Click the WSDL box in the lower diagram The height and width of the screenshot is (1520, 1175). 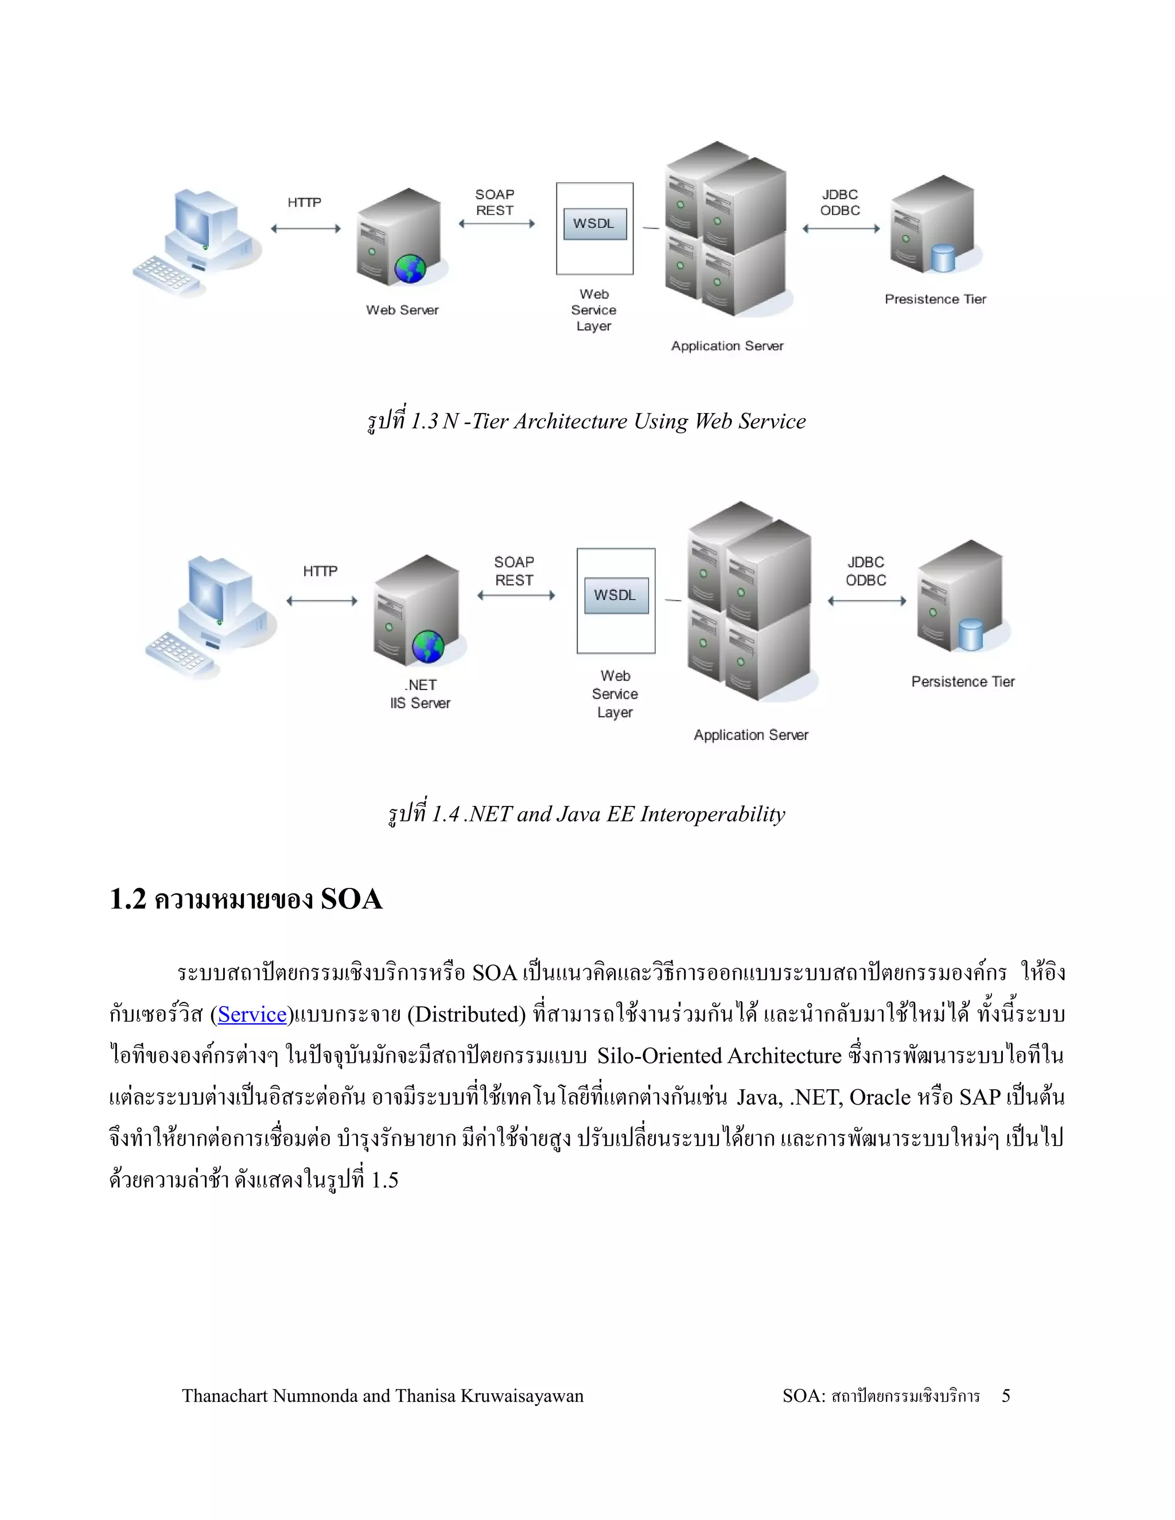pos(616,595)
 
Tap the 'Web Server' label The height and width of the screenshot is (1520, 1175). pos(402,310)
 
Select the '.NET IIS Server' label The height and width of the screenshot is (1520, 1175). pos(421,694)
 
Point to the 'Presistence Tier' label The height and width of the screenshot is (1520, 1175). pos(935,299)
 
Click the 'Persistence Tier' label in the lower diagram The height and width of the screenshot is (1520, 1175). pos(963,681)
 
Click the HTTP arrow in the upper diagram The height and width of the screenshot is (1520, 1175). pos(306,228)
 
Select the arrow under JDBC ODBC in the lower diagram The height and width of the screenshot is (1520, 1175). pos(867,601)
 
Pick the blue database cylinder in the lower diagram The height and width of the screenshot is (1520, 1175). pos(970,634)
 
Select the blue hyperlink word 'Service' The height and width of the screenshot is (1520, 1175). pos(252,1015)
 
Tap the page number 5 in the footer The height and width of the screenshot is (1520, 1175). pos(1006,1396)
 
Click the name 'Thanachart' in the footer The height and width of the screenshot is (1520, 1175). pos(224,1396)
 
